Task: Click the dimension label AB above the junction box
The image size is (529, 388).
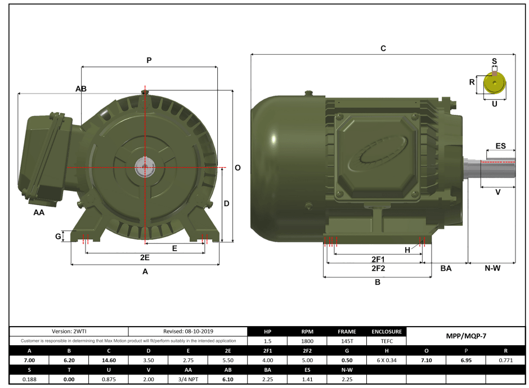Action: click(80, 89)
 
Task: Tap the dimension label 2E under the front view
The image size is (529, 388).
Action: click(145, 257)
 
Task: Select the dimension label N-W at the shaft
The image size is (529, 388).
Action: click(492, 269)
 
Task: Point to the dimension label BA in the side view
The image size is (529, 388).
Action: click(446, 269)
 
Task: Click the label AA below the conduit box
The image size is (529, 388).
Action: click(39, 213)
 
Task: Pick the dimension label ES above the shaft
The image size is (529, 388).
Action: click(500, 146)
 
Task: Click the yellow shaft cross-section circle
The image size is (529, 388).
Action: click(494, 84)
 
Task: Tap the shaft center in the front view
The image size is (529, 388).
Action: click(145, 167)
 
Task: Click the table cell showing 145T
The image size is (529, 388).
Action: click(347, 341)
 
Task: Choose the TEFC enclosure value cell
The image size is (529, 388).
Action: click(386, 341)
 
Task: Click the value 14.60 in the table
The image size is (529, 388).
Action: click(109, 360)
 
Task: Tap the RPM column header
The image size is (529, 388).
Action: click(307, 332)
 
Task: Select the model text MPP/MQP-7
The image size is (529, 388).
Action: click(466, 336)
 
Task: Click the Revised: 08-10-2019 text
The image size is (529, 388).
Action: click(188, 332)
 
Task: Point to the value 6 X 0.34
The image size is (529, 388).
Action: click(386, 360)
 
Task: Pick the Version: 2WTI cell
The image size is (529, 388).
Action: click(69, 332)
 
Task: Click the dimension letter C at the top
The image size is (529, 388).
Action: click(383, 49)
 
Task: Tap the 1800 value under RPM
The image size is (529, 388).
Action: click(307, 341)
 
